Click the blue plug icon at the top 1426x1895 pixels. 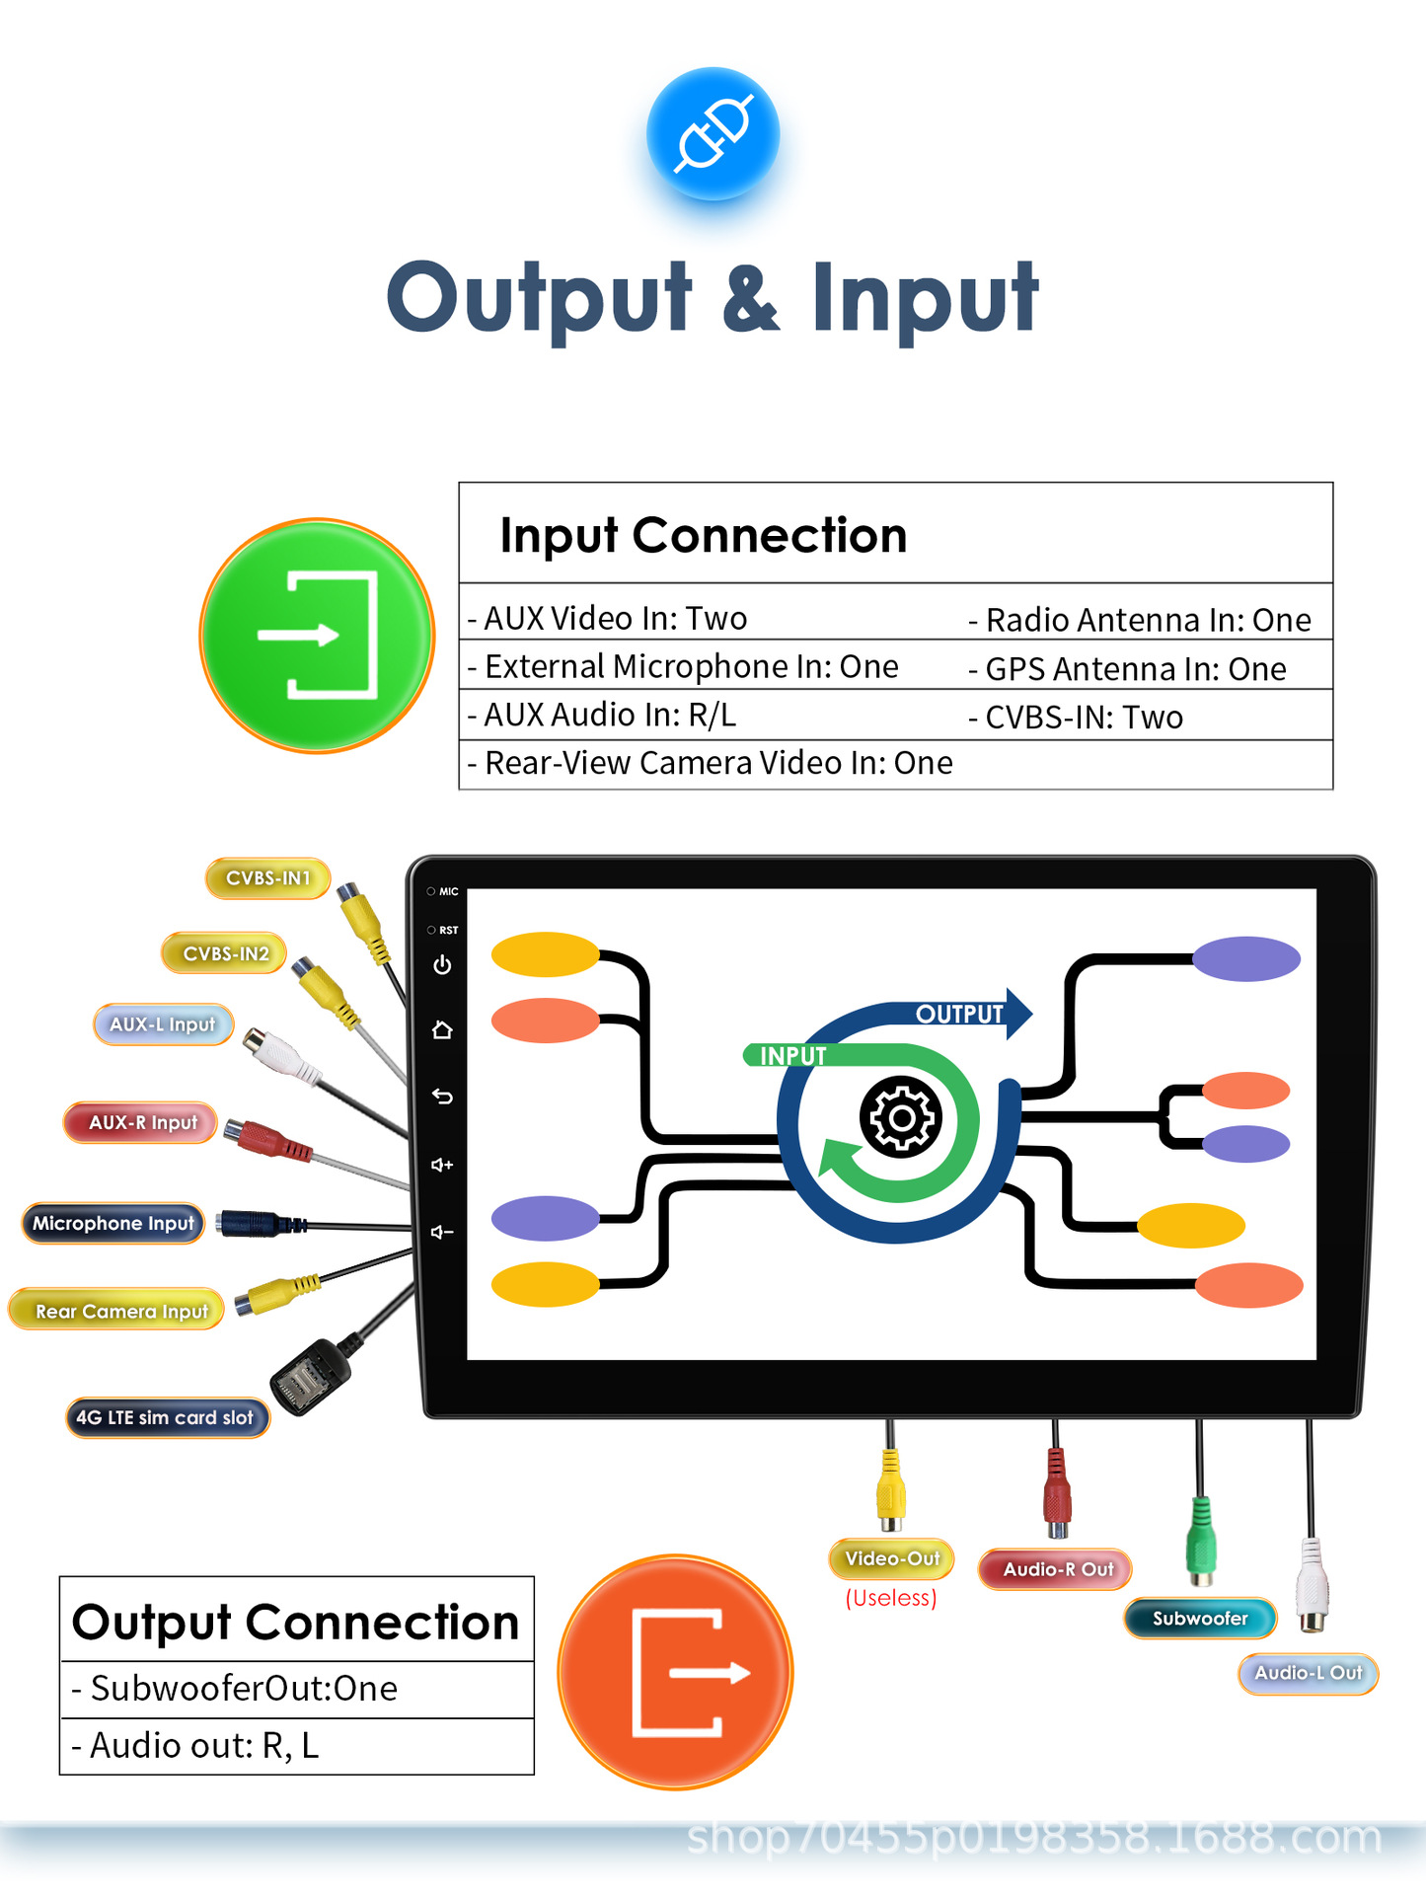[x=713, y=133]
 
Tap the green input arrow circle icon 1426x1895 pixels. [x=317, y=636]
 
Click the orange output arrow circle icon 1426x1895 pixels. [x=676, y=1672]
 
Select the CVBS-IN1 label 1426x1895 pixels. [x=267, y=877]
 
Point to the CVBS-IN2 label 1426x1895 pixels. [x=225, y=953]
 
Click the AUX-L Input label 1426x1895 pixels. [x=163, y=1024]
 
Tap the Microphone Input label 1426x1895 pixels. [x=113, y=1224]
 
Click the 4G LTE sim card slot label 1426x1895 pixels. [x=166, y=1418]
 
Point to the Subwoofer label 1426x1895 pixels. [x=1200, y=1619]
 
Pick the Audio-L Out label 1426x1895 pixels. [x=1308, y=1673]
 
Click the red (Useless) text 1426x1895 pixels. [x=890, y=1598]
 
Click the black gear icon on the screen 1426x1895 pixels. [x=900, y=1118]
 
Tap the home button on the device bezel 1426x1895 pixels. [x=442, y=1030]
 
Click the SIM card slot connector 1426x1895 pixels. [x=309, y=1376]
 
